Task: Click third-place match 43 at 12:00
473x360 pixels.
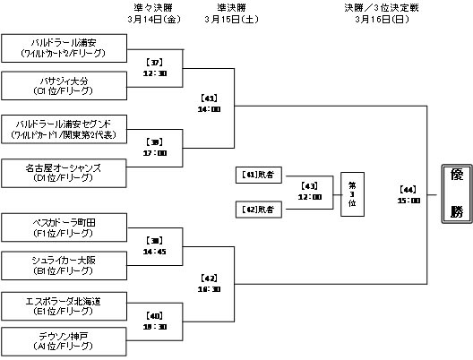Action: [x=310, y=192]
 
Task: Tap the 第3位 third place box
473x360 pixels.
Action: [x=353, y=193]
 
